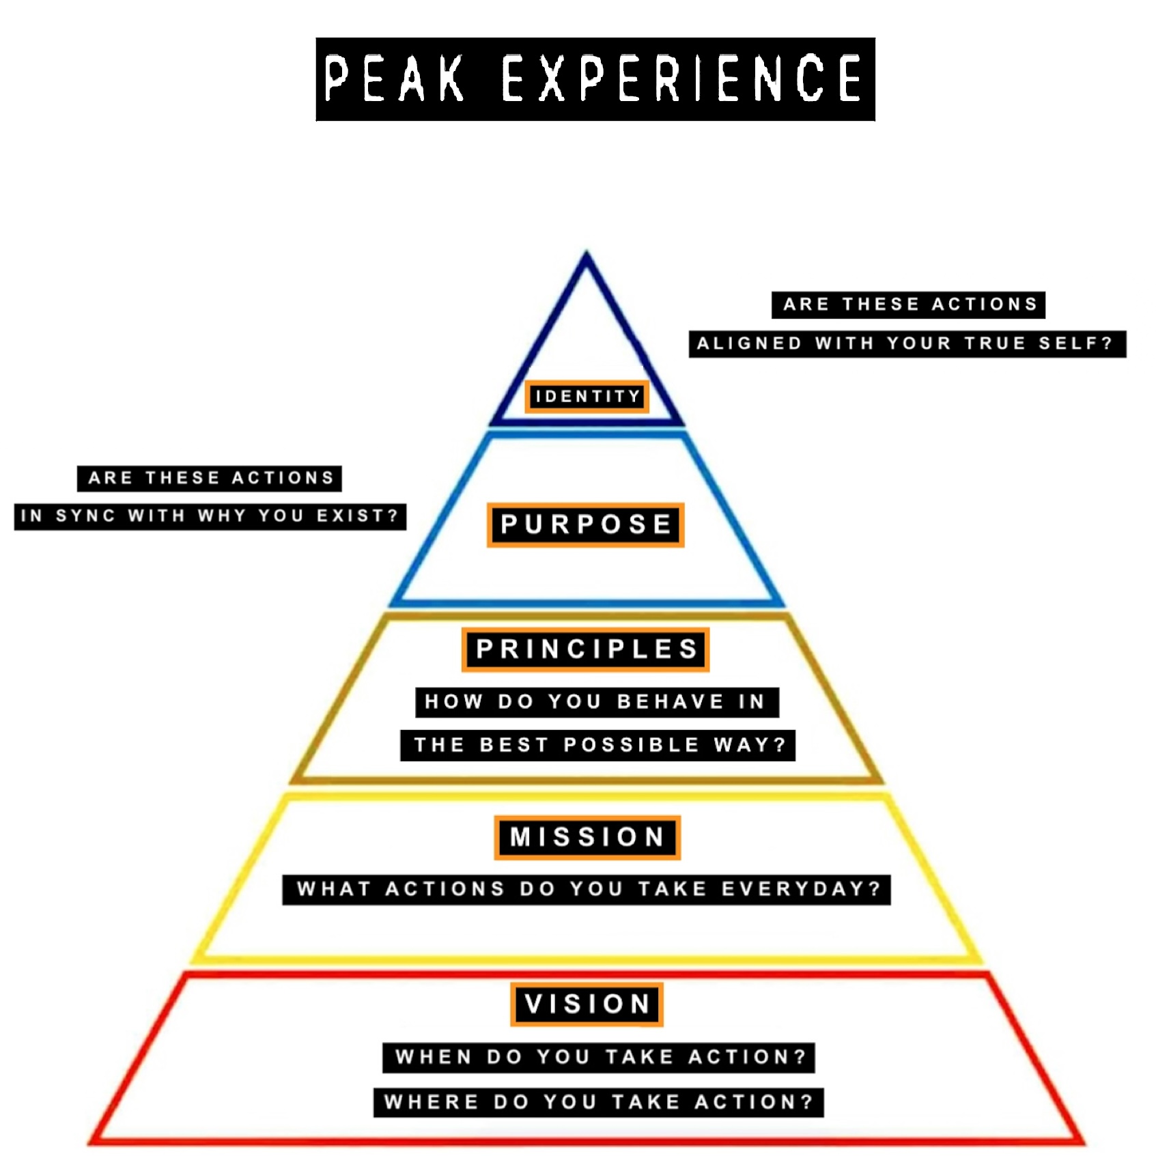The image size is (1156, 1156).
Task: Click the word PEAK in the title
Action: coord(394,79)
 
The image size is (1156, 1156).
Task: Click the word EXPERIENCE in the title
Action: coord(681,79)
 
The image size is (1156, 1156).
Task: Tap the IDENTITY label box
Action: coord(587,397)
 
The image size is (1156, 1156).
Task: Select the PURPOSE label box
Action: coord(586,524)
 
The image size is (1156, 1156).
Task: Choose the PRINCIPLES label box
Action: coord(586,649)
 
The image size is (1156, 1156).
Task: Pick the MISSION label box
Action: coord(587,837)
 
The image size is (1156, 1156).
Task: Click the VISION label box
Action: coord(587,1004)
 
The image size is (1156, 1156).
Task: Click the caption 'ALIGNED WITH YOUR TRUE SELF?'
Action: coord(907,343)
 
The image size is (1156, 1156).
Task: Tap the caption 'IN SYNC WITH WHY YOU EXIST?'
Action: coord(210,516)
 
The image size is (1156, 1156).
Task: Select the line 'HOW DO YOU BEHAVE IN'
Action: coord(596,702)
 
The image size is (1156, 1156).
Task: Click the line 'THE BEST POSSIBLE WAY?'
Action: coord(598,745)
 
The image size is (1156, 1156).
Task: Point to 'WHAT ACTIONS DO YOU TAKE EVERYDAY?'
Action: coord(587,890)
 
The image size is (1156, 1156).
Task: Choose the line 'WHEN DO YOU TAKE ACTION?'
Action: coord(599,1058)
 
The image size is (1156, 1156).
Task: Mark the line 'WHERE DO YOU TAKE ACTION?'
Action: coord(599,1102)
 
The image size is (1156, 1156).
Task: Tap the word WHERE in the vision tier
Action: coord(431,1102)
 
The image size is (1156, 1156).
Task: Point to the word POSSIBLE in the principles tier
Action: coord(631,745)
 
